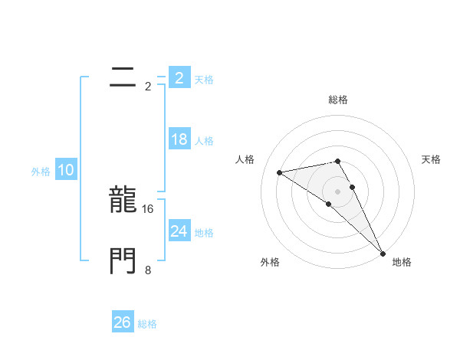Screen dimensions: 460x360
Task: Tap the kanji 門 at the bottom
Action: click(123, 261)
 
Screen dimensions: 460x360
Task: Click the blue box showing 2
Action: click(179, 78)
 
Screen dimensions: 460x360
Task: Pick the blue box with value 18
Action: click(179, 139)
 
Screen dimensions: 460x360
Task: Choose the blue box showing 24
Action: click(179, 231)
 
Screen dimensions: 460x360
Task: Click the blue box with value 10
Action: click(66, 170)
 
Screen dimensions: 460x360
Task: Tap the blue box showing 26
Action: click(123, 322)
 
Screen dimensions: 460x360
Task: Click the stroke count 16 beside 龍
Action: click(149, 208)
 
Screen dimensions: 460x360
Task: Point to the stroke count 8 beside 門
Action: click(148, 270)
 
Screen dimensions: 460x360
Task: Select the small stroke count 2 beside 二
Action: click(148, 86)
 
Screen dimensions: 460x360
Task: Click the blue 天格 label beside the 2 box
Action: click(204, 80)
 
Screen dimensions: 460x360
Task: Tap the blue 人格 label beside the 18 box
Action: click(204, 141)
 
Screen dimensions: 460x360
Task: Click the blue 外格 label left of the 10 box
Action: click(41, 172)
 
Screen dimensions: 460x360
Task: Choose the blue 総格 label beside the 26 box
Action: click(147, 324)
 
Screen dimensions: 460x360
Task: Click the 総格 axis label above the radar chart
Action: click(337, 100)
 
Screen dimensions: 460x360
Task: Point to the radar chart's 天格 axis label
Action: click(432, 159)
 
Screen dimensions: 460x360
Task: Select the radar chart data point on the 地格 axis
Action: click(383, 252)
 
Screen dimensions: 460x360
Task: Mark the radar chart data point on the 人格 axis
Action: click(280, 172)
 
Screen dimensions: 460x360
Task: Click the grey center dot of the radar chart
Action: click(337, 191)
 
